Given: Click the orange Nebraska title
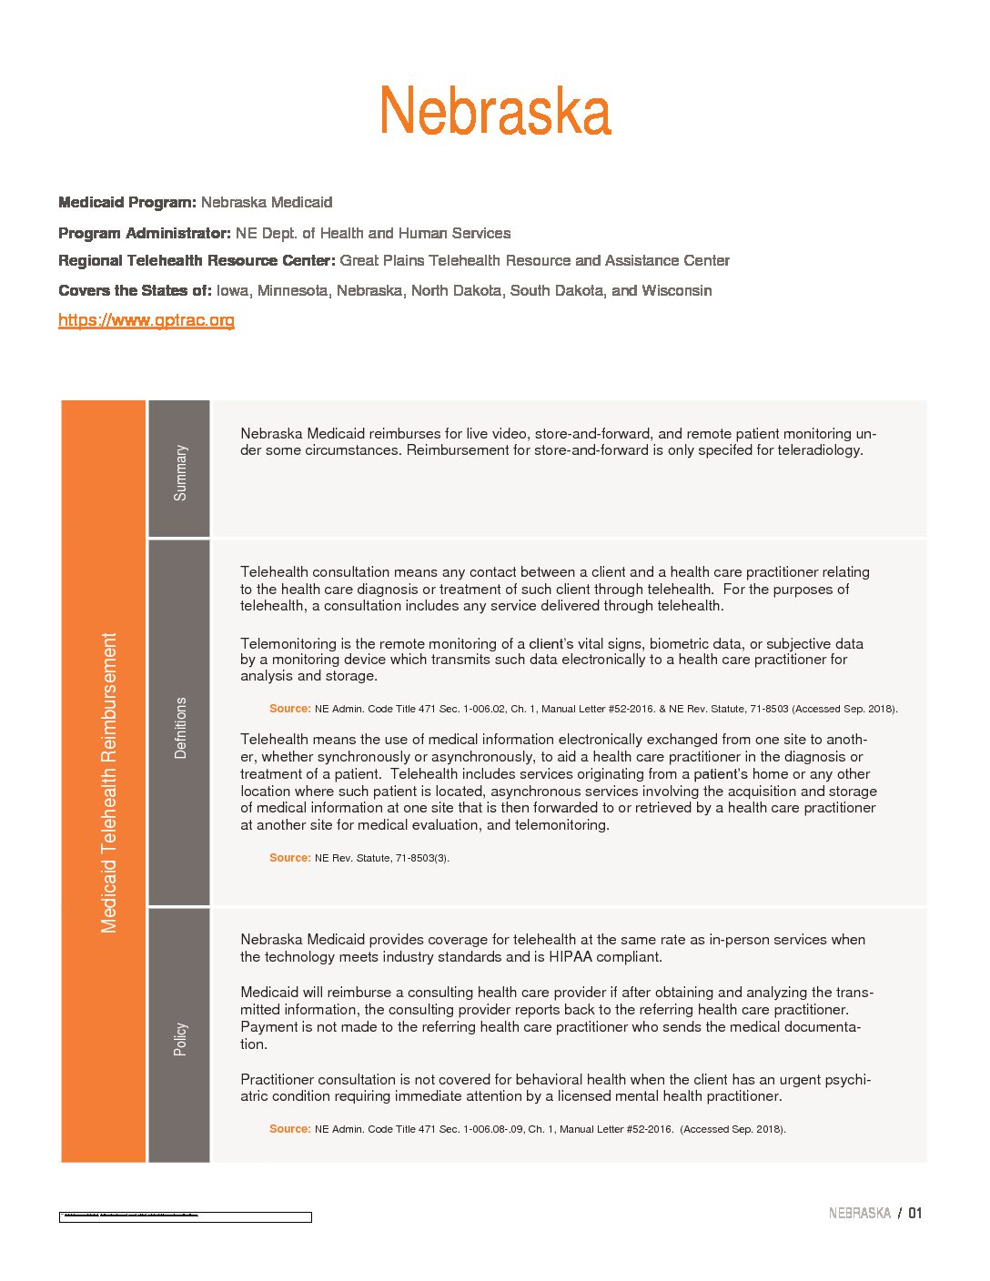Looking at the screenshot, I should [495, 111].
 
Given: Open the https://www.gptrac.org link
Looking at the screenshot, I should [146, 320].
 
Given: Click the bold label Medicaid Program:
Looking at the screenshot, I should [127, 202].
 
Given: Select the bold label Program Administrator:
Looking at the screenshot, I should [145, 233].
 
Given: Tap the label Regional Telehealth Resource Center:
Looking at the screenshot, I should [197, 261].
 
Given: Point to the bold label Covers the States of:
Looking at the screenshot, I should [135, 291].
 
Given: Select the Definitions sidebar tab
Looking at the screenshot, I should [180, 728].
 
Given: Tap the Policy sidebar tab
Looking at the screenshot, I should [180, 1039].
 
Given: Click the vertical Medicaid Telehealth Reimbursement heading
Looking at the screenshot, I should [109, 782].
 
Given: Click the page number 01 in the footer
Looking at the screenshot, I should [914, 1213].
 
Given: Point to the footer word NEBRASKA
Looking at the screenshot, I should [859, 1213].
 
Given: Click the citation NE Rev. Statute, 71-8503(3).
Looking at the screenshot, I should [381, 858].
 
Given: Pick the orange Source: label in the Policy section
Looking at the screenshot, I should [289, 1129].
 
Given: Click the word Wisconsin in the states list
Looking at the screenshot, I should [677, 291].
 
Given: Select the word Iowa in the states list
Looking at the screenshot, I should [232, 291].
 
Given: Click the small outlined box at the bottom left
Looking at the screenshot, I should [185, 1216].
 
